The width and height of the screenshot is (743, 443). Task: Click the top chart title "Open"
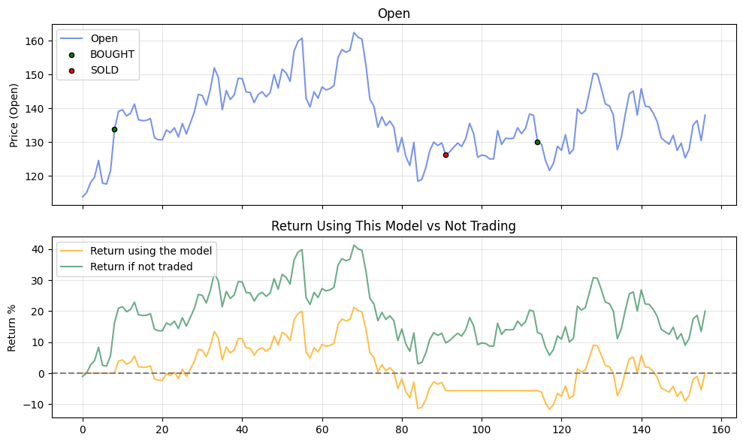(x=394, y=14)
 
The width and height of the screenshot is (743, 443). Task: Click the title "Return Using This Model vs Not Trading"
(x=394, y=225)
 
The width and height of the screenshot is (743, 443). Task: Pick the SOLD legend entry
(x=104, y=71)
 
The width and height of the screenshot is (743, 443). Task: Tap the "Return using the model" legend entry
(x=151, y=251)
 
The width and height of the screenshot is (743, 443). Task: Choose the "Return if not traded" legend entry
(x=141, y=266)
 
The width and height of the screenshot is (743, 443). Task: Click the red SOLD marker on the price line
(x=445, y=155)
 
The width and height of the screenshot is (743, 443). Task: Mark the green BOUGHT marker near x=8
(x=114, y=129)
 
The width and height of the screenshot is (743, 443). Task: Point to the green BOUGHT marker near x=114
(x=537, y=142)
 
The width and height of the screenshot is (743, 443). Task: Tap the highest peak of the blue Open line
(x=354, y=32)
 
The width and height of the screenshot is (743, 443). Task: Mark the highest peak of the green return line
(x=354, y=245)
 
